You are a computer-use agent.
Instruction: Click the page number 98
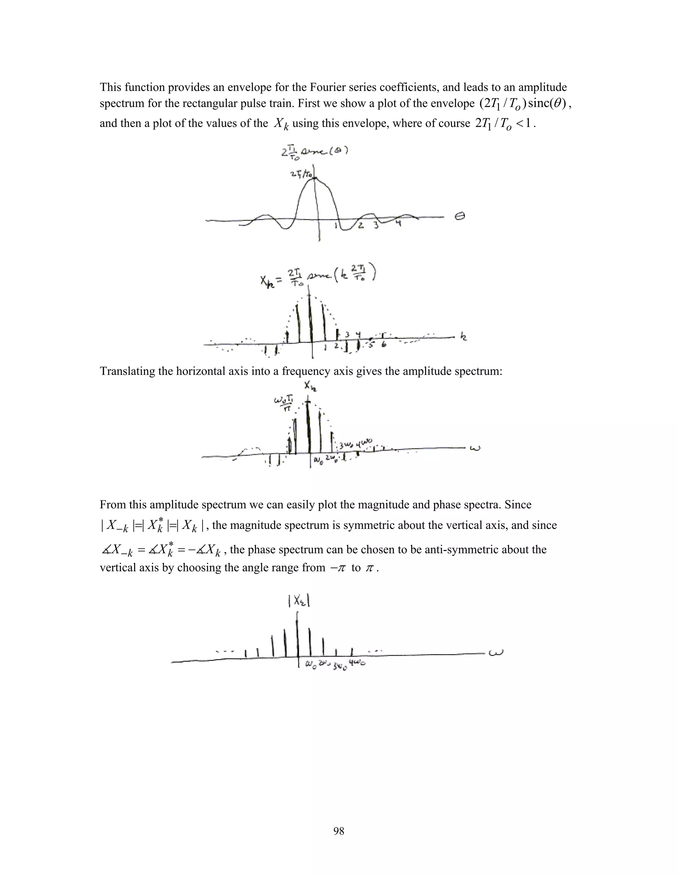pyautogui.click(x=339, y=831)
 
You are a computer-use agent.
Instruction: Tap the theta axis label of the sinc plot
pyautogui.click(x=460, y=217)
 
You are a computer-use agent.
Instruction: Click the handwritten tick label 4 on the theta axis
pyautogui.click(x=398, y=223)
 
